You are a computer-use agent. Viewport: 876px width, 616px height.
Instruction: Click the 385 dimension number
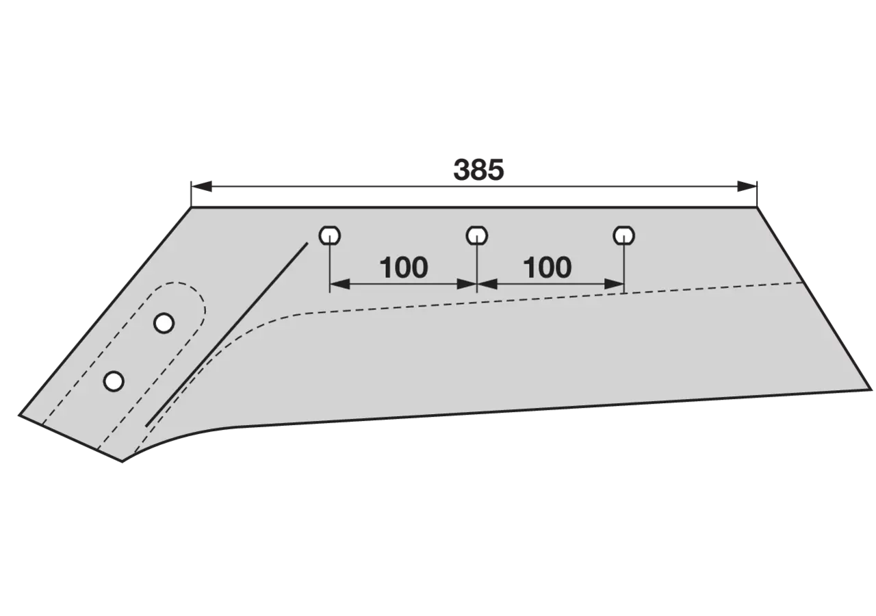tap(478, 170)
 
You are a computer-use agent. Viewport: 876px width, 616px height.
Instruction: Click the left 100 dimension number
tap(404, 268)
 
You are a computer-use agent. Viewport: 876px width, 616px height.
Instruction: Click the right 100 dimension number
tap(547, 268)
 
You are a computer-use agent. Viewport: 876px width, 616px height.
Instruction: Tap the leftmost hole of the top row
tap(330, 235)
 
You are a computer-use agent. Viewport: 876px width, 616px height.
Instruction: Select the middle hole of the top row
tap(477, 235)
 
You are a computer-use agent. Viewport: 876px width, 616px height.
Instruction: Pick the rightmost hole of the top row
tap(623, 235)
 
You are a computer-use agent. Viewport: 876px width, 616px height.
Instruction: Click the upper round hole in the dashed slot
tap(164, 323)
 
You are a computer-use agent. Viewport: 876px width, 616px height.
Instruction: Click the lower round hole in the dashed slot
tap(114, 381)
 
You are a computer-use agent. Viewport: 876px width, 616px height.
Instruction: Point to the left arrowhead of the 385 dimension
tap(201, 187)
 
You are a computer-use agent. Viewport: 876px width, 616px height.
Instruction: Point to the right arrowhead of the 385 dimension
tap(747, 187)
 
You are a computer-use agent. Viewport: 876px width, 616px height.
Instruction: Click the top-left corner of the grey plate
tap(191, 207)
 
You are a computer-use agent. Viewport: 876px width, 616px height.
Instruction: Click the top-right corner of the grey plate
tap(757, 207)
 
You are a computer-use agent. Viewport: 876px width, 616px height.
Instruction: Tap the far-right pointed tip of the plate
tap(872, 389)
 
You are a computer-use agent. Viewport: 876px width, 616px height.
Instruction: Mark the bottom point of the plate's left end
tap(123, 462)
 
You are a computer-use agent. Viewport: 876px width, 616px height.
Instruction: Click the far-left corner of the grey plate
tap(18, 415)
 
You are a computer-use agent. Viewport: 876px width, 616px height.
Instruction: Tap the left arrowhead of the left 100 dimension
tap(340, 284)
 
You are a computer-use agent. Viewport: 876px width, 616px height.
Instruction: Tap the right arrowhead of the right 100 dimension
tap(614, 284)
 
